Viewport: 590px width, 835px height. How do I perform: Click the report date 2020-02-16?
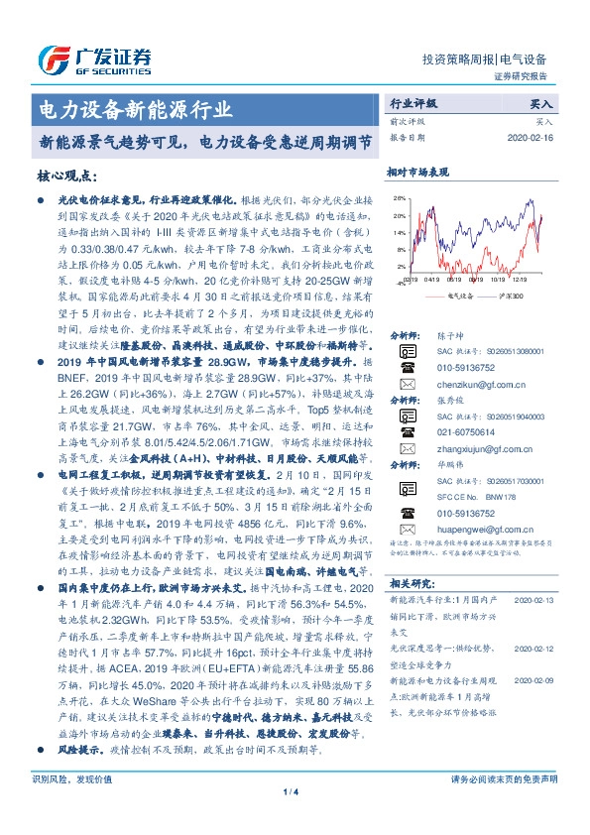click(534, 138)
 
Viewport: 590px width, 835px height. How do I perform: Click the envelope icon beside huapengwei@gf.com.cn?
click(405, 530)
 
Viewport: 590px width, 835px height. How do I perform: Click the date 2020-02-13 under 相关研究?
click(534, 601)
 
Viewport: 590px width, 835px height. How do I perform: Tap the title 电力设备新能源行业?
click(134, 108)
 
